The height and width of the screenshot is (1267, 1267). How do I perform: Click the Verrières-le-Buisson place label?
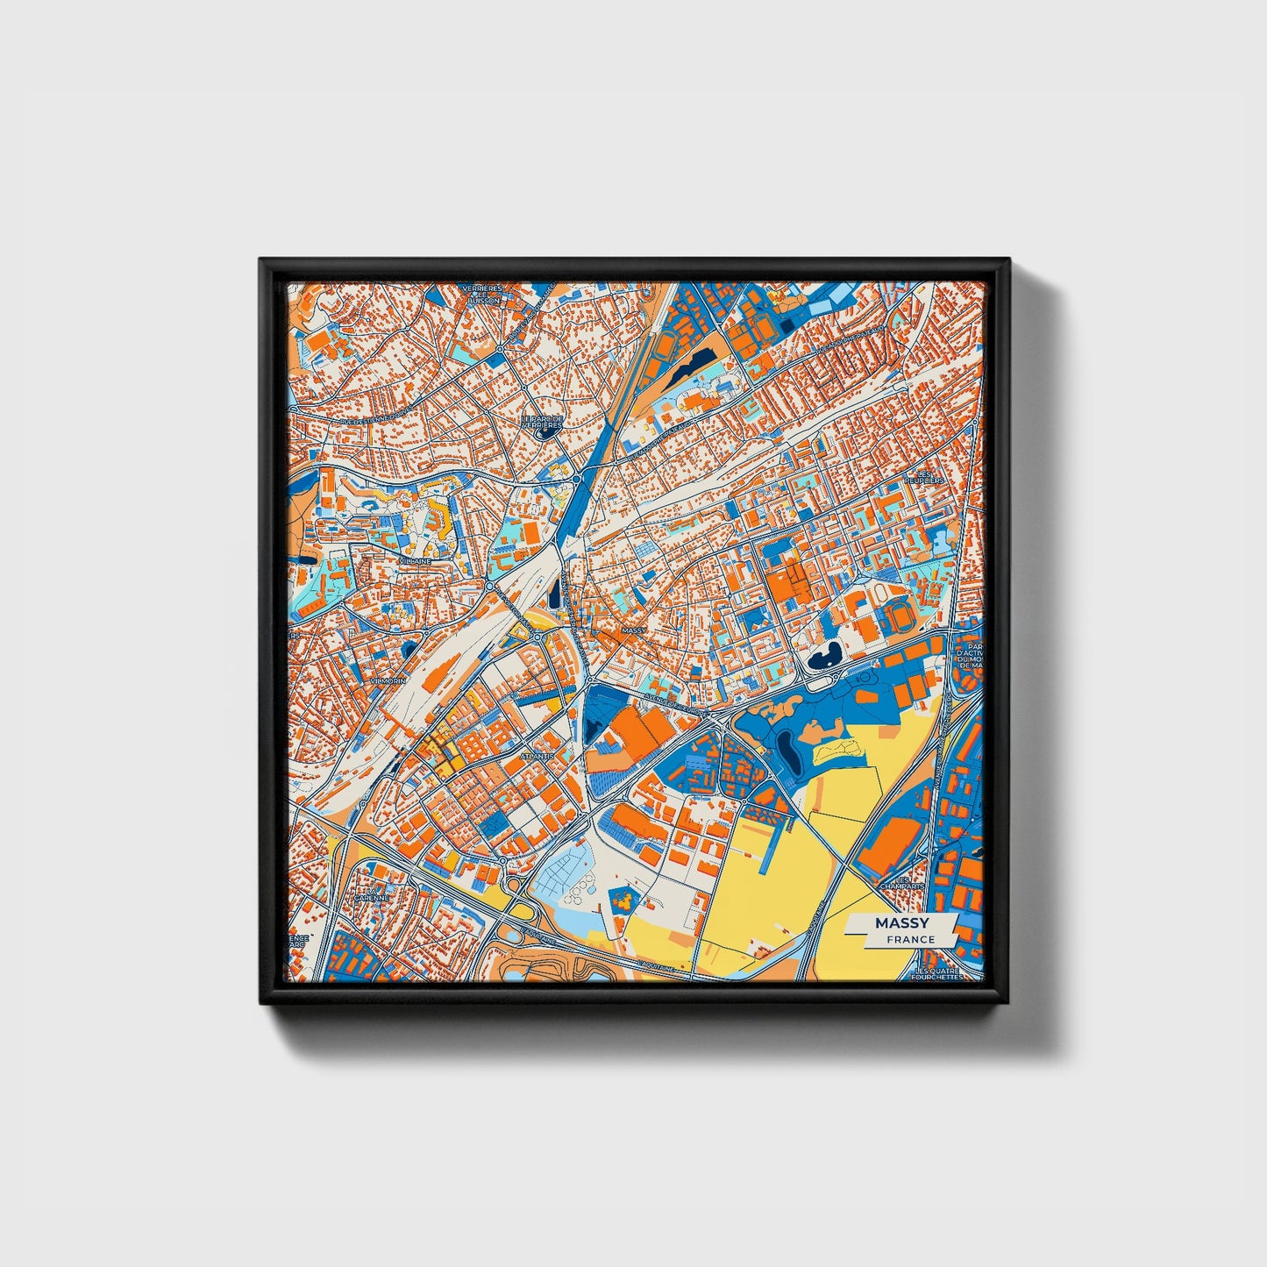click(x=483, y=294)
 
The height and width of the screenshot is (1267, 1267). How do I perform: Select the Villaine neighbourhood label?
click(x=414, y=560)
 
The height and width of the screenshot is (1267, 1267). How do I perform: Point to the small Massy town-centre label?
click(x=632, y=630)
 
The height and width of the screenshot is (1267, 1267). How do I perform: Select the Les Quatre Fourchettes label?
click(x=937, y=974)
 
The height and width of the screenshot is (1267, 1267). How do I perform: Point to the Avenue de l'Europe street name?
click(x=674, y=705)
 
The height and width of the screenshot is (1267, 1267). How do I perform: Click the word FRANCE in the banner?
click(x=910, y=939)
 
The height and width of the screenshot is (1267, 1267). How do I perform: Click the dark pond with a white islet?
click(x=824, y=657)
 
